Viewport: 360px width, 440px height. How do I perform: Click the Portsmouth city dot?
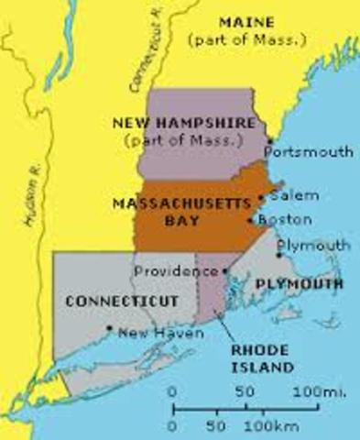267,140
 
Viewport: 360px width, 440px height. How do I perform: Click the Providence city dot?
225,271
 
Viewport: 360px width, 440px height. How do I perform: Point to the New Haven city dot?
109,327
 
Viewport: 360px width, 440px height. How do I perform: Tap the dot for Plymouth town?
278,256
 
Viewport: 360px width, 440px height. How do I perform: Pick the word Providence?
177,271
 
